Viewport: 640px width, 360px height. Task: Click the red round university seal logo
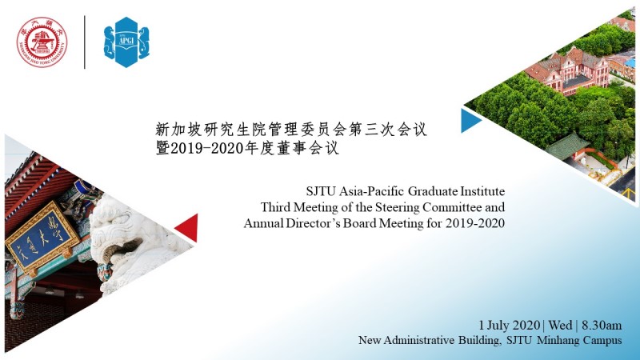point(42,42)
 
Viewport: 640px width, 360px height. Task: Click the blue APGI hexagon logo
point(126,42)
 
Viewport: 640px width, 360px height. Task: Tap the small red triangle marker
point(187,227)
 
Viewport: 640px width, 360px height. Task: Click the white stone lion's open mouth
point(122,247)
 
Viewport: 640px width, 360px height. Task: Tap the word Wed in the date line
point(560,326)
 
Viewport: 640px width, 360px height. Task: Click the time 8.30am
point(602,326)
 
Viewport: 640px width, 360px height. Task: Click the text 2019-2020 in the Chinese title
point(206,148)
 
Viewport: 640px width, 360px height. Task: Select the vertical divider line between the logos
point(85,42)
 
